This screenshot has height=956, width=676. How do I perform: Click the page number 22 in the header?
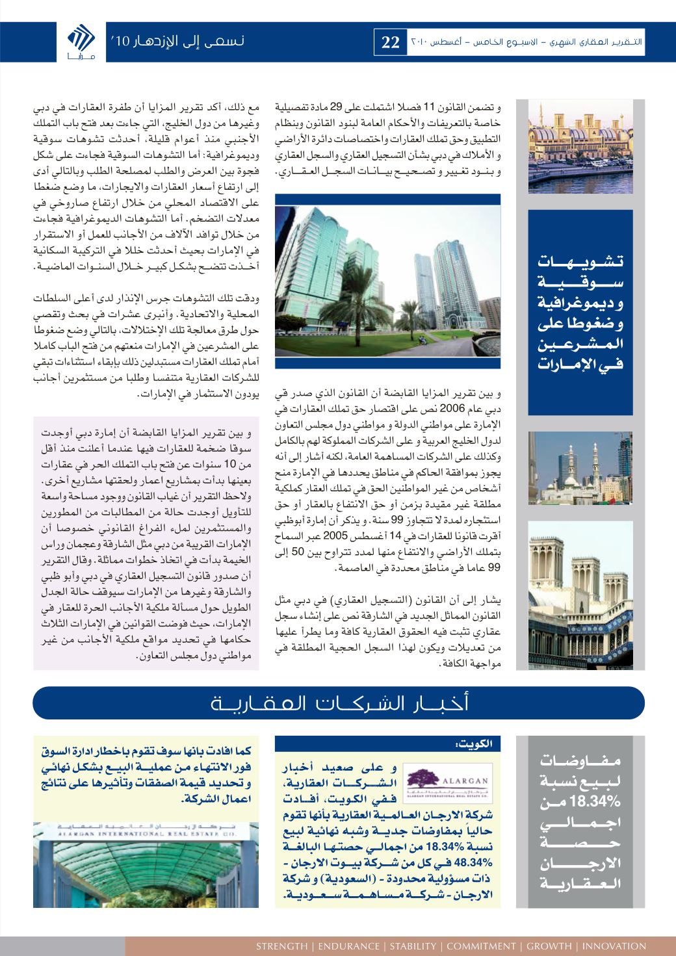click(390, 44)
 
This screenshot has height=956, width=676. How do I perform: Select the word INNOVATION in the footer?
click(614, 946)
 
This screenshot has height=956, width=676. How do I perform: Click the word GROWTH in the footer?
click(549, 946)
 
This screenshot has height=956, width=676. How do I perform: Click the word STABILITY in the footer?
click(413, 946)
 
